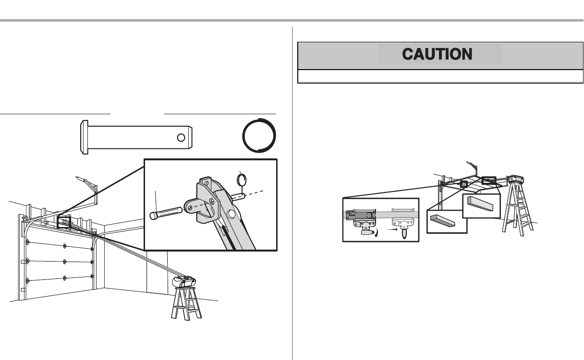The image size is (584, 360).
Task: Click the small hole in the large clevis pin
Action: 181,138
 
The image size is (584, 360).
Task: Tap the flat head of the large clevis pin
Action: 83,137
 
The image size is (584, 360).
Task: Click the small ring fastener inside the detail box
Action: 243,180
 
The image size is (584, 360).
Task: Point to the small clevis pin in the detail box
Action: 166,212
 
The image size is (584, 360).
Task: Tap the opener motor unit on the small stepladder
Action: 183,281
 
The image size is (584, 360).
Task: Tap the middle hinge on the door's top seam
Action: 64,245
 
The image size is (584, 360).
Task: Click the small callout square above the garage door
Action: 64,222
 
